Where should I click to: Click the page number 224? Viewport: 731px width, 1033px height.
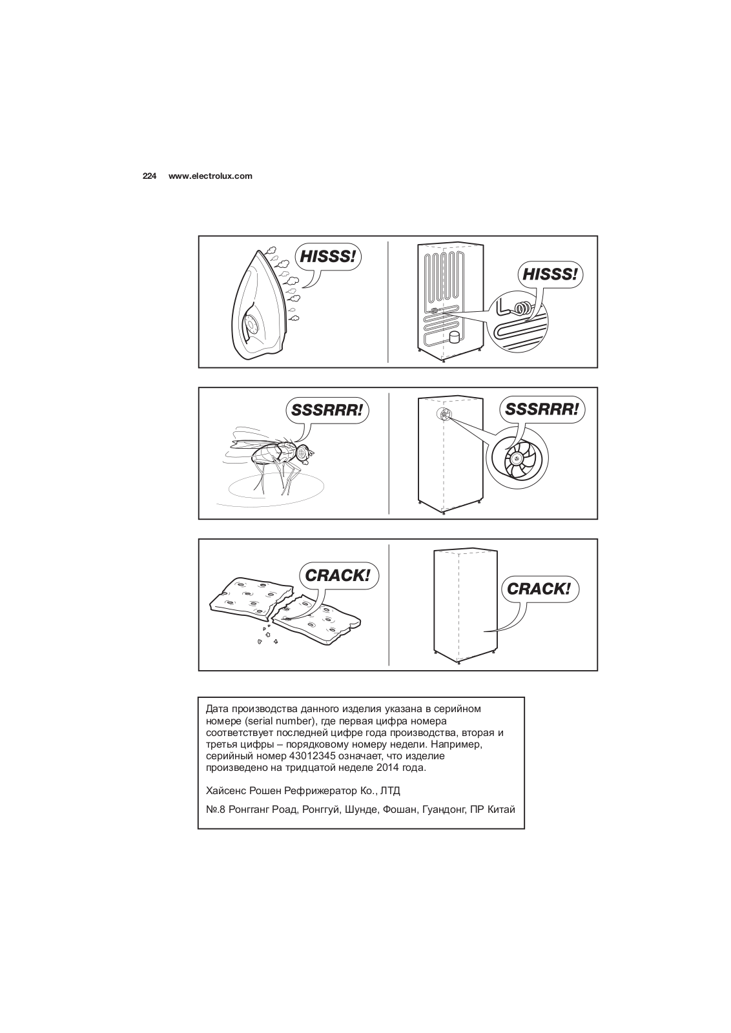tap(149, 176)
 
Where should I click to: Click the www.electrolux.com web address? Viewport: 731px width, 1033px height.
tap(210, 176)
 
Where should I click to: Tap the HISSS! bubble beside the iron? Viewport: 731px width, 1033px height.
tap(327, 257)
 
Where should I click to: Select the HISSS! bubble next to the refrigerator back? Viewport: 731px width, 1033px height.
tap(550, 274)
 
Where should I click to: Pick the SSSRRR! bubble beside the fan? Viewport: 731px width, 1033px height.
tap(541, 409)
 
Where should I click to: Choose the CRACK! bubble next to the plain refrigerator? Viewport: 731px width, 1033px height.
tap(539, 589)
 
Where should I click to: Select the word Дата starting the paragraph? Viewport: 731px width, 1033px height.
tap(216, 708)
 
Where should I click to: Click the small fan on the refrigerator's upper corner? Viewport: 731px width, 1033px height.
tap(444, 414)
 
